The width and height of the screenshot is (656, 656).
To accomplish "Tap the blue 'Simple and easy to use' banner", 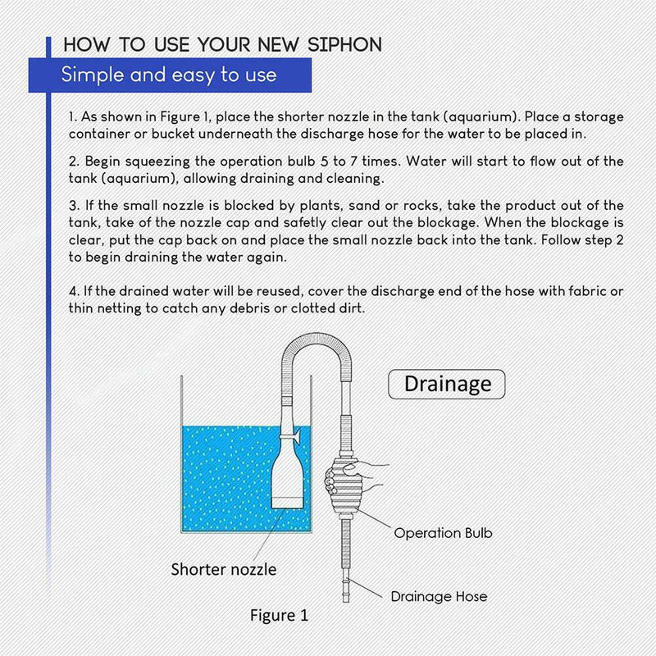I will [168, 75].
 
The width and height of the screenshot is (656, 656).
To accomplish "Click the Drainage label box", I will [448, 383].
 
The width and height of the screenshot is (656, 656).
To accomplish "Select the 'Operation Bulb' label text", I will [443, 533].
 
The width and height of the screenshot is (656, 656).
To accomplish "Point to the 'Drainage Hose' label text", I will [438, 596].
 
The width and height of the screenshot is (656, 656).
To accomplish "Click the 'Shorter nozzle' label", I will [223, 569].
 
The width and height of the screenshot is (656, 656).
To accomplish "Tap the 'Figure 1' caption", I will [279, 615].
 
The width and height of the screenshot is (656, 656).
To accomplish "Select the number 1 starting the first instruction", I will [72, 117].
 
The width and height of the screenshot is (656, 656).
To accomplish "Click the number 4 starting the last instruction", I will [73, 291].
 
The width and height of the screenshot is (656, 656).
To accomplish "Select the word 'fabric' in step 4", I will [583, 291].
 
